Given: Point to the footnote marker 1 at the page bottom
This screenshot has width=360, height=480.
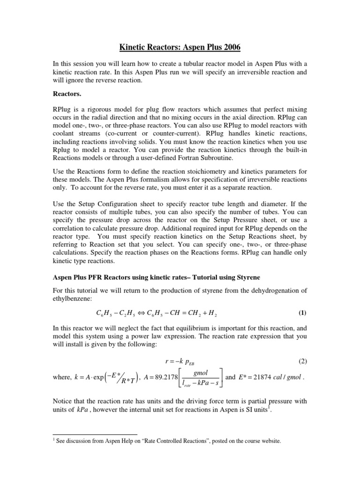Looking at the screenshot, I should [x=53, y=440].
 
